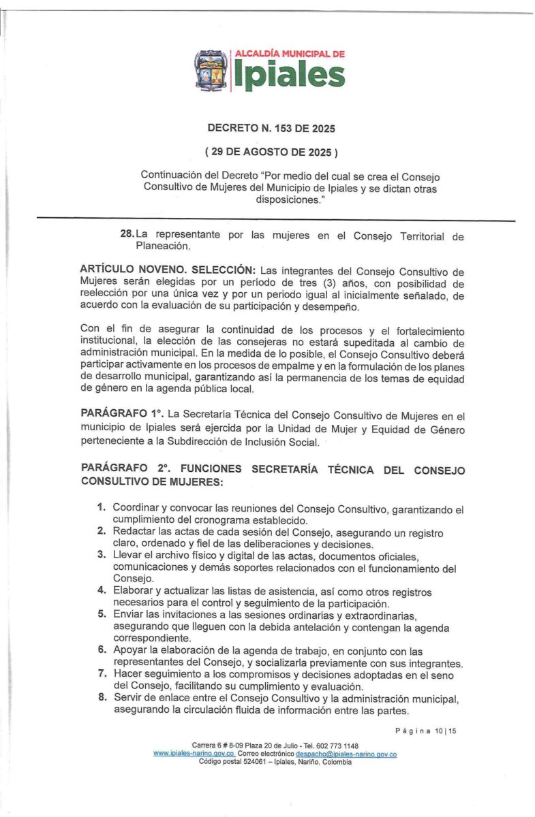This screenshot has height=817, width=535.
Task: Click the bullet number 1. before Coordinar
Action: pyautogui.click(x=101, y=508)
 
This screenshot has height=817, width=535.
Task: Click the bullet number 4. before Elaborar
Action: pyautogui.click(x=101, y=591)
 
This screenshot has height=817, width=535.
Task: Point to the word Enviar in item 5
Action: pyautogui.click(x=128, y=614)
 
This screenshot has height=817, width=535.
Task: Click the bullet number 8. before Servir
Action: pyautogui.click(x=101, y=699)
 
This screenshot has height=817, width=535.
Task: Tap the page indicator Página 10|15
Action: pyautogui.click(x=425, y=731)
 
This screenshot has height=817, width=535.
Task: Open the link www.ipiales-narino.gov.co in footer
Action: pyautogui.click(x=194, y=754)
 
